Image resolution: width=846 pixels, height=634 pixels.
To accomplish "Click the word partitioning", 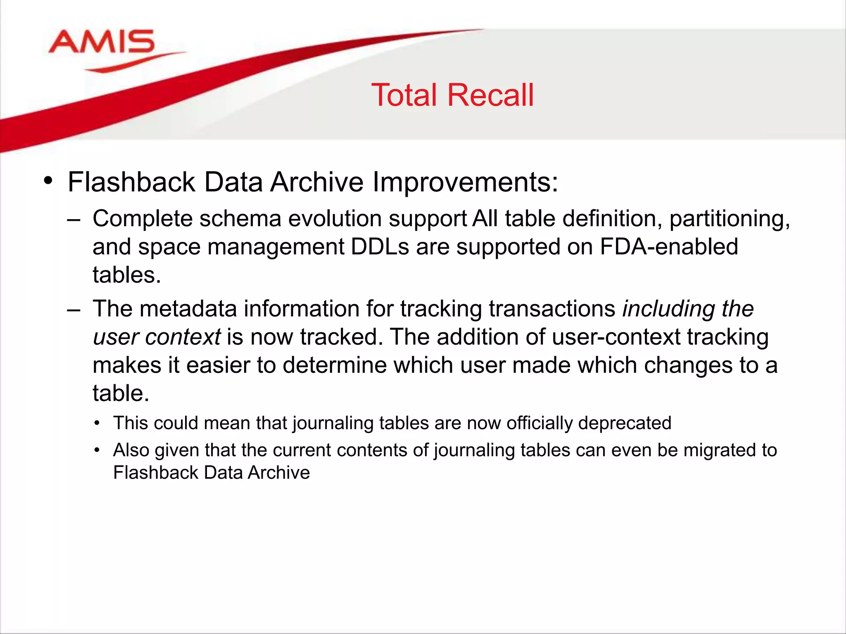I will pos(729,219).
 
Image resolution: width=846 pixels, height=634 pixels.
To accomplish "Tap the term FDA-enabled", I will pos(668,247).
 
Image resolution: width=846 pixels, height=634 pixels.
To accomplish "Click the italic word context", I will pos(183,337).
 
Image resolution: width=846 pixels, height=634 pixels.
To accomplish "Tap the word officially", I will pos(539,423).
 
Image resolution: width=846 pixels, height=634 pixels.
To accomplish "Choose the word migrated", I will pos(718,450).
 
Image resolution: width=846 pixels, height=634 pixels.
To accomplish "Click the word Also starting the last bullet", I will pos(131,450).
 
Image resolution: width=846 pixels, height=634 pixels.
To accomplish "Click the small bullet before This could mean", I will pos(97,423).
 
